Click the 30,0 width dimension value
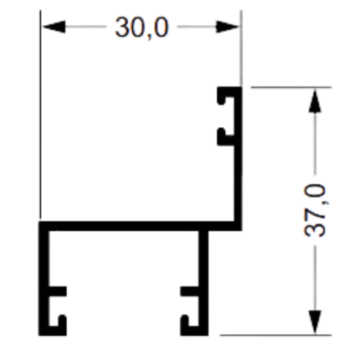141,28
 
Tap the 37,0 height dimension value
315,211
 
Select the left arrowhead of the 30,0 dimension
54,27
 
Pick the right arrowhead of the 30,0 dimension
228,27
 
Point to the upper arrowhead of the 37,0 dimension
315,100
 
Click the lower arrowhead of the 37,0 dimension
315,321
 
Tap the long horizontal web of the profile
140,226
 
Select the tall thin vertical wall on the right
238,158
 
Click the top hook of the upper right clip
226,95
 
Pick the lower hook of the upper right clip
226,137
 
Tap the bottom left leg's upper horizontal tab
57,291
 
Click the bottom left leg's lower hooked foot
56,329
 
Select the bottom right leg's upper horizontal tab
190,291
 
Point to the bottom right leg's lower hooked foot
193,329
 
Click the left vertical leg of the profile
44,279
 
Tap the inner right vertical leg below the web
203,282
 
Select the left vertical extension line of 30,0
40,115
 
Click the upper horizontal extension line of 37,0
291,87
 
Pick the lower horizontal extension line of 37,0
275,335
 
